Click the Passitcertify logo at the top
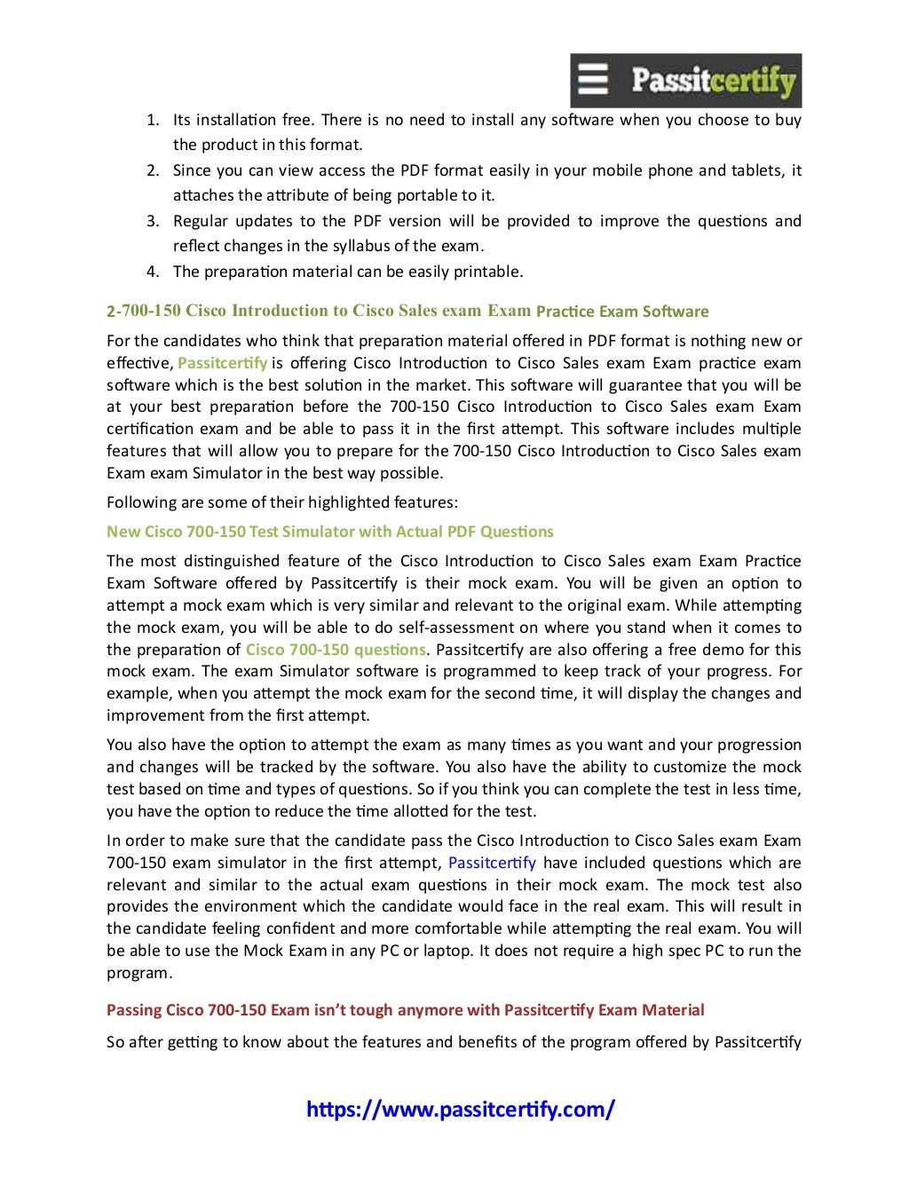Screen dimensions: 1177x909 click(x=685, y=81)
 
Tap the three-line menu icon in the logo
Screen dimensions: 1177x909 click(x=593, y=80)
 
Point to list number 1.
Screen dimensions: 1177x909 click(x=153, y=120)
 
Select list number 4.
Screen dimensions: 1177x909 click(x=153, y=272)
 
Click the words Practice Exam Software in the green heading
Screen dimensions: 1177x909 click(x=622, y=312)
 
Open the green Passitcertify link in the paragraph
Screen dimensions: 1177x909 click(x=222, y=363)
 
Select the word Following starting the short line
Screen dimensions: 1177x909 click(x=140, y=502)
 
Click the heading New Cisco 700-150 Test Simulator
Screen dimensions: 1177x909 click(x=329, y=532)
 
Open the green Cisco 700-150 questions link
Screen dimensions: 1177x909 click(x=336, y=650)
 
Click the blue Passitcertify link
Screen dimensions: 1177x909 click(x=492, y=863)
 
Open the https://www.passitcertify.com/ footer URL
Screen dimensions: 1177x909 click(x=460, y=1109)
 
